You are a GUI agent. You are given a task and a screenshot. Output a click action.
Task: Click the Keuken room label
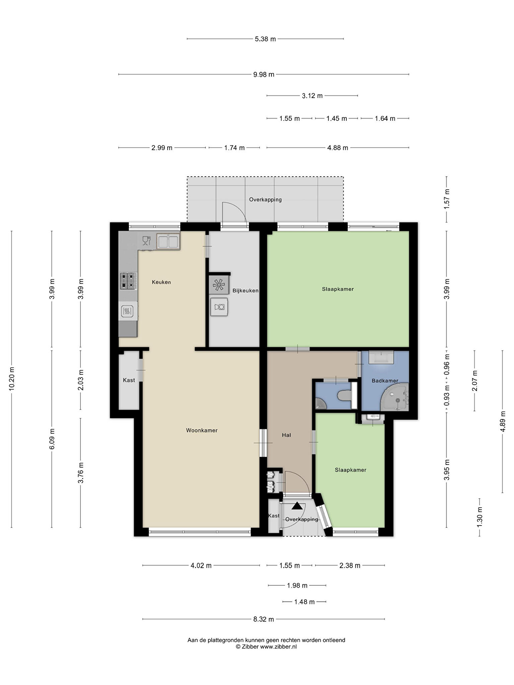pos(161,282)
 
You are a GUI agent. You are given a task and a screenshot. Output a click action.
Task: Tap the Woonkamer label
pos(202,430)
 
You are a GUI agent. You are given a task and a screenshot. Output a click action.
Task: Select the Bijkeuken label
pos(246,291)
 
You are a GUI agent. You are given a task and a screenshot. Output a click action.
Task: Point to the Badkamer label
pos(385,381)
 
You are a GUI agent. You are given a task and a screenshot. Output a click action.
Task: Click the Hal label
pos(286,435)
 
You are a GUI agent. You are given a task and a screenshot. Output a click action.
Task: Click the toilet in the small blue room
pos(345,396)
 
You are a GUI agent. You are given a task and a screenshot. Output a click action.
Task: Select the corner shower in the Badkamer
pos(396,397)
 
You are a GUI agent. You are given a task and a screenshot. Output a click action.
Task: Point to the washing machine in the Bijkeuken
pos(219,307)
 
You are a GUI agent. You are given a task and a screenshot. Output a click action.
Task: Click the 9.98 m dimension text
pos(264,74)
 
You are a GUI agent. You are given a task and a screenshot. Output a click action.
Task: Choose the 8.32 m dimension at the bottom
pos(264,619)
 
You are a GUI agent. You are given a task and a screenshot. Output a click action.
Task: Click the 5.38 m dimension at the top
pos(265,39)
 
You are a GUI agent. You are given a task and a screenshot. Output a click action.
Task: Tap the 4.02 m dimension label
pos(201,565)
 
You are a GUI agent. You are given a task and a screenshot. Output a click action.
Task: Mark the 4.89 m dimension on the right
pos(503,421)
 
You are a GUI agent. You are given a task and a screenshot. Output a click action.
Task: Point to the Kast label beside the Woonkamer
pos(129,380)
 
